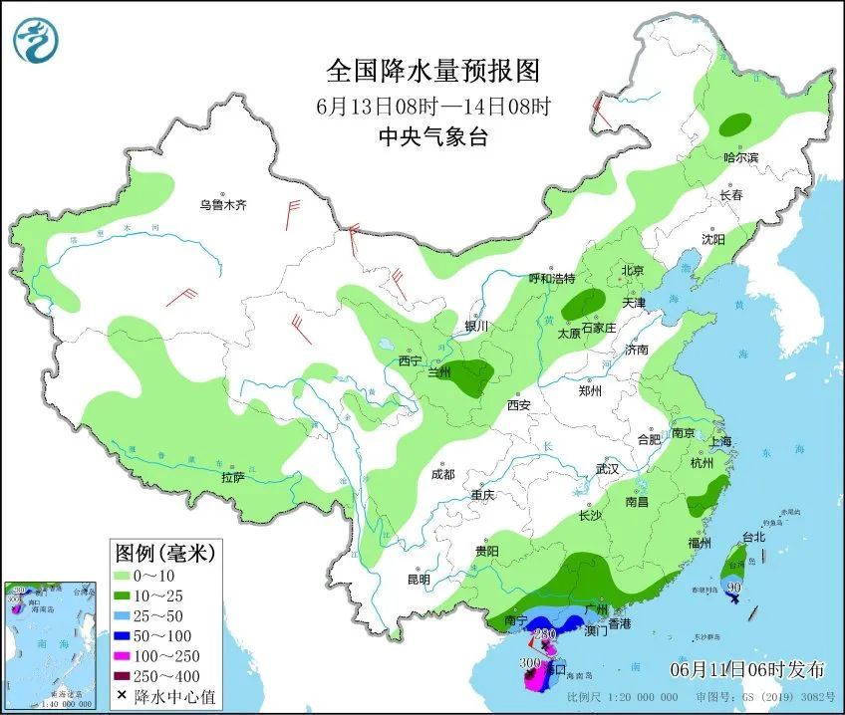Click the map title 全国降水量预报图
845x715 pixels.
tap(432, 71)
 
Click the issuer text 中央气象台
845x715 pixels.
tap(432, 137)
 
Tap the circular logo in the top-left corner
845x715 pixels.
tap(36, 39)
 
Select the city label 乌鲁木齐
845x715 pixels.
tap(221, 205)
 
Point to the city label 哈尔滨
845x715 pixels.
tap(740, 157)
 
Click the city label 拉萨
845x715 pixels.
tap(232, 478)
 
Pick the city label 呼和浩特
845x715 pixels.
tap(552, 279)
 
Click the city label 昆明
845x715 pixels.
tap(419, 580)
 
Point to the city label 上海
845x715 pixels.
tap(718, 441)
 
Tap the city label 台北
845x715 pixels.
tap(753, 537)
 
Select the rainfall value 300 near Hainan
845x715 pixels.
tap(529, 662)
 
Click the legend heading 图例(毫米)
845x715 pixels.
tap(164, 551)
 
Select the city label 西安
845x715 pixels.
tap(518, 404)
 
